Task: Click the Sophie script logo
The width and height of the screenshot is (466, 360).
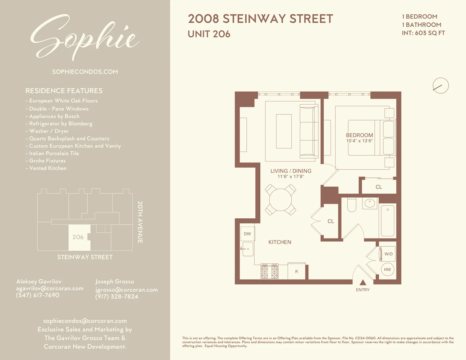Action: pyautogui.click(x=85, y=37)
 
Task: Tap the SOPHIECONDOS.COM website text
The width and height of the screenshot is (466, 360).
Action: pyautogui.click(x=85, y=72)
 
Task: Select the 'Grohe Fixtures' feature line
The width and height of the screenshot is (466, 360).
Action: pyautogui.click(x=47, y=161)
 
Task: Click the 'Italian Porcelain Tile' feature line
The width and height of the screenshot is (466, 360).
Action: pyautogui.click(x=54, y=153)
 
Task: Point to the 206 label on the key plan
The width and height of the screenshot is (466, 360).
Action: pyautogui.click(x=78, y=237)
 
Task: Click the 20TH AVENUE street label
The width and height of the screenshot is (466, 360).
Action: pyautogui.click(x=140, y=222)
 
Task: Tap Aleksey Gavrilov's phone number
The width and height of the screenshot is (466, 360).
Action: pyautogui.click(x=38, y=295)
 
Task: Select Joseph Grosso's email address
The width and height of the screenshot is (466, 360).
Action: pyautogui.click(x=126, y=289)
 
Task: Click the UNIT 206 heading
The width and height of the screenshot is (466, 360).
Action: pyautogui.click(x=209, y=34)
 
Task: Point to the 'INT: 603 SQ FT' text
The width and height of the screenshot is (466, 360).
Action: pyautogui.click(x=423, y=33)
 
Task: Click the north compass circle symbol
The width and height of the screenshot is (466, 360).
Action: pyautogui.click(x=441, y=85)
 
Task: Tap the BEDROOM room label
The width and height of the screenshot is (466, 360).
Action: pyautogui.click(x=359, y=135)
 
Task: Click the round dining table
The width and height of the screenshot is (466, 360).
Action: pyautogui.click(x=281, y=200)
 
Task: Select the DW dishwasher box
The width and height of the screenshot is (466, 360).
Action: pyautogui.click(x=248, y=234)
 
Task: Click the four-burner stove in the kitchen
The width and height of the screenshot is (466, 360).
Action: pyautogui.click(x=269, y=271)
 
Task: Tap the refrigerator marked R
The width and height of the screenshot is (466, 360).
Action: pyautogui.click(x=296, y=271)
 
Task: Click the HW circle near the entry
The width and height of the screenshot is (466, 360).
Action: pyautogui.click(x=387, y=269)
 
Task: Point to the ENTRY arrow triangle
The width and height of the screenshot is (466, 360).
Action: pyautogui.click(x=363, y=282)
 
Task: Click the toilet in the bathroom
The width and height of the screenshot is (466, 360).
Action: pyautogui.click(x=352, y=205)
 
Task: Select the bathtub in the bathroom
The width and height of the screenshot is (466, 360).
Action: pyautogui.click(x=387, y=221)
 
